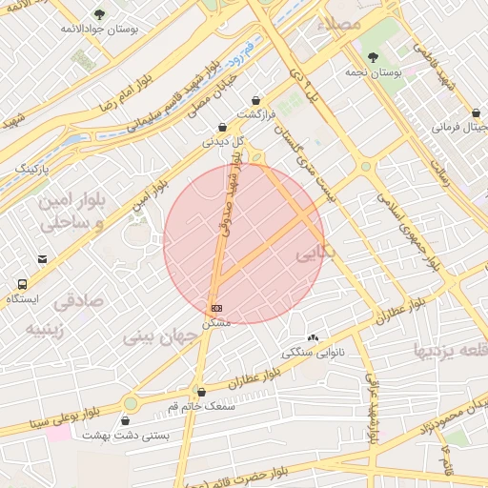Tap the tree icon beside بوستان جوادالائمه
pos(100,14)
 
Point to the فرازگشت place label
pos(255,114)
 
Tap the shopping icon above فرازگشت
pos(255,100)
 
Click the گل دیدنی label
pos(223,141)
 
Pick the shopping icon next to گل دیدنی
pos(222,127)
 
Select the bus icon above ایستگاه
pos(21,284)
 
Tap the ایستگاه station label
pos(22,299)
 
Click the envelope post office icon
pos(42,258)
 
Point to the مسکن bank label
pos(218,323)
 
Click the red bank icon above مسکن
pos(217,309)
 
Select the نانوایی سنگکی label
pos(314,353)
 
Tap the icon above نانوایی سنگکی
pos(314,337)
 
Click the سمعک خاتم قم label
pos(200,405)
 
